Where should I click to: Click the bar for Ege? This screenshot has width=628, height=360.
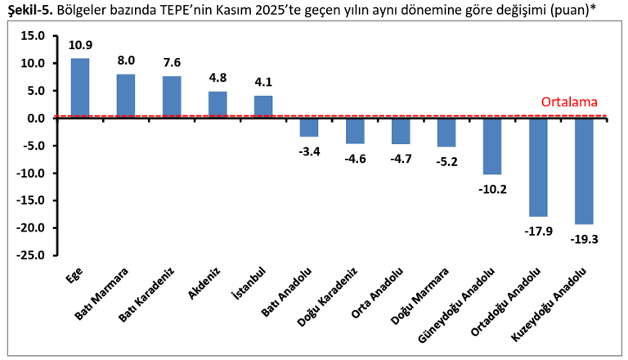point(80,88)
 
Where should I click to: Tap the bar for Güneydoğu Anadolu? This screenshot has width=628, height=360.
point(492,146)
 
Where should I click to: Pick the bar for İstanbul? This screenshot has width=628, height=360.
point(263,106)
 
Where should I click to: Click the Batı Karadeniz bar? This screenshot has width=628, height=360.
point(172,97)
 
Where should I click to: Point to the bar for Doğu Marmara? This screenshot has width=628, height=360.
point(446,132)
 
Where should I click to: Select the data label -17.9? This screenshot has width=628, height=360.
point(538,229)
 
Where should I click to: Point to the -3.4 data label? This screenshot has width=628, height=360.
point(309,150)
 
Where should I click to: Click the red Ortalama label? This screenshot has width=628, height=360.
point(569,103)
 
